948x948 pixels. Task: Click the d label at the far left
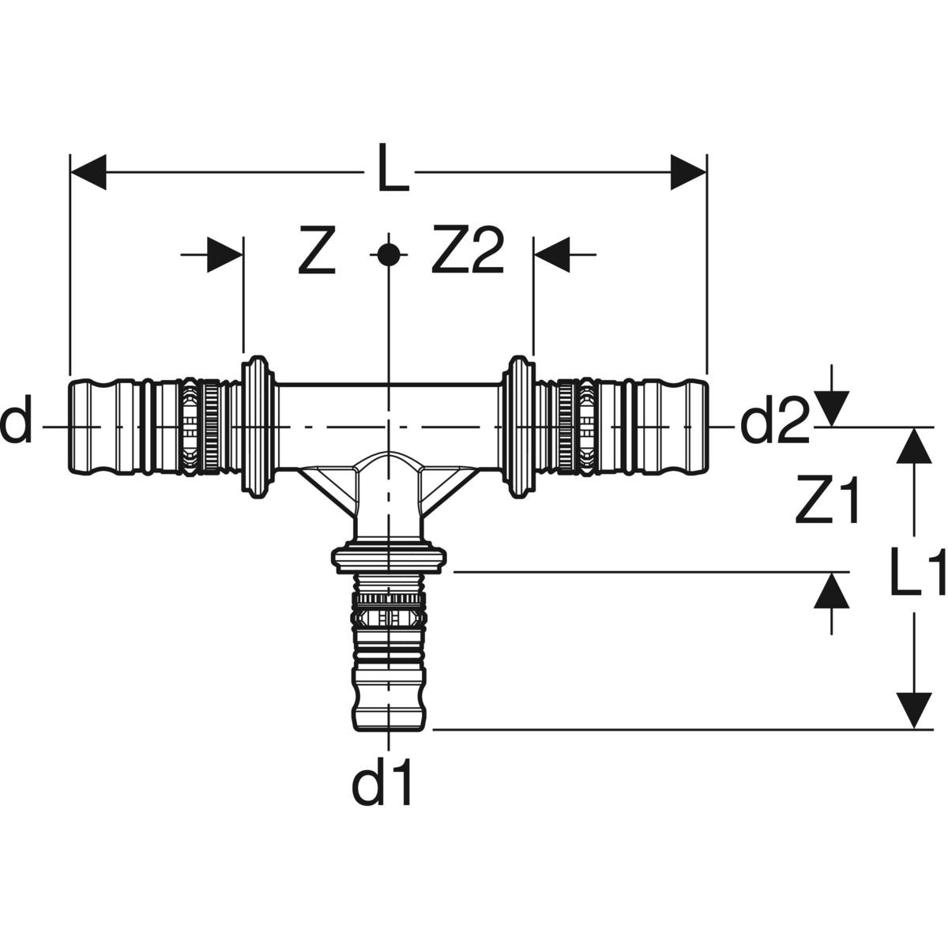[16, 424]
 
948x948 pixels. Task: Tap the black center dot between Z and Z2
[388, 254]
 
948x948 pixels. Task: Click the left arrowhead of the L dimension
[88, 172]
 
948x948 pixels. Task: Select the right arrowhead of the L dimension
[688, 172]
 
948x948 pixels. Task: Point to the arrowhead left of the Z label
[225, 254]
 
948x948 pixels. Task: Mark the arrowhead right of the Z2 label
[552, 254]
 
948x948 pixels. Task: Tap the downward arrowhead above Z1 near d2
[831, 408]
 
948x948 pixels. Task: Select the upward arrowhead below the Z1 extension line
[831, 591]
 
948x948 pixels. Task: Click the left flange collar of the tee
[257, 427]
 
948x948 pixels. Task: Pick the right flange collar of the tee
[519, 427]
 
